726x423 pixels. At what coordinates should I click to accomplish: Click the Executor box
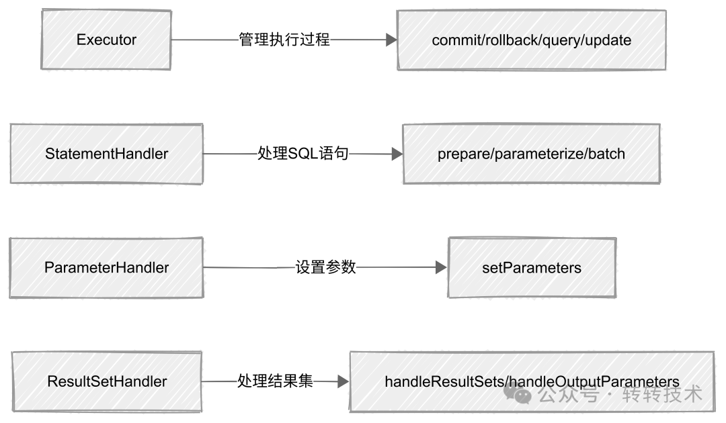pos(106,40)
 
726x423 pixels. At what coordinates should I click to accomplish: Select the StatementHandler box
pos(106,154)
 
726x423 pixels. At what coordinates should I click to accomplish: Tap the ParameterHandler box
pos(106,268)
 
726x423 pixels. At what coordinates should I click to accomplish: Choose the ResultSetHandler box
pos(106,381)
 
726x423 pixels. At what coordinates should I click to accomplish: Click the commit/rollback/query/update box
pos(531,40)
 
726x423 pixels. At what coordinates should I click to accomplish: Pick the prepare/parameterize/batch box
pos(531,154)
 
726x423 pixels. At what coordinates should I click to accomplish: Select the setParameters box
pos(531,268)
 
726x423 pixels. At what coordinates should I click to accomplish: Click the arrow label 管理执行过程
pos(284,40)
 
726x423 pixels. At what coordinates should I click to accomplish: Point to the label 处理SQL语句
pos(303,154)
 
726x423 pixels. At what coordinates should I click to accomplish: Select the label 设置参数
pos(325,268)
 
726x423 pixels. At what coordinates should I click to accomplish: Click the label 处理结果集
pos(275,381)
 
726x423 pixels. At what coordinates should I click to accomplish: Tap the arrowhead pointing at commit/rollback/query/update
pos(391,40)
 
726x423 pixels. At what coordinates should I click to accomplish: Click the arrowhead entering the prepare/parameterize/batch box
pos(397,154)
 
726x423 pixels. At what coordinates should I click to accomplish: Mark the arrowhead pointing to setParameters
pos(442,268)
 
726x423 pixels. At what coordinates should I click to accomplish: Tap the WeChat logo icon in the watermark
pos(523,395)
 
